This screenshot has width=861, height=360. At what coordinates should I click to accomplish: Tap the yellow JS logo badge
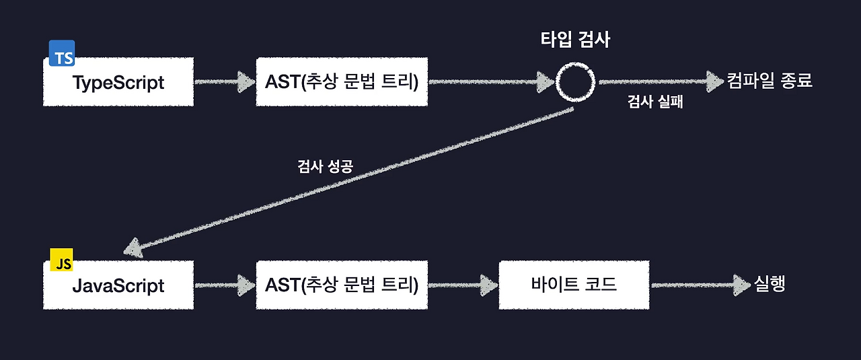(62, 260)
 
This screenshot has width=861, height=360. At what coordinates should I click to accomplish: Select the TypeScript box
(118, 82)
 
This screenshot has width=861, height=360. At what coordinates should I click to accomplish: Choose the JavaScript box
(118, 285)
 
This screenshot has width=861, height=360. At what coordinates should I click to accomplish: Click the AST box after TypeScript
(342, 82)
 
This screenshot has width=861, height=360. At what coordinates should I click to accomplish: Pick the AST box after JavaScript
(342, 285)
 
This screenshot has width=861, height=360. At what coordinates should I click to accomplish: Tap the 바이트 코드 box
(574, 285)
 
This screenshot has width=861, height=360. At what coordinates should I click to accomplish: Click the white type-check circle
(576, 82)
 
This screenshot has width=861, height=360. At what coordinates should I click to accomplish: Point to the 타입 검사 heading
(576, 40)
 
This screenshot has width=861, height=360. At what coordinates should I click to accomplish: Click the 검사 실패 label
(655, 104)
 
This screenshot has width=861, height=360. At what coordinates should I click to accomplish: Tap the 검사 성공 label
(325, 167)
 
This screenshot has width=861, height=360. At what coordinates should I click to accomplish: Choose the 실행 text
(770, 284)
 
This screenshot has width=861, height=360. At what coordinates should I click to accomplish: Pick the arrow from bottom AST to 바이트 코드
(463, 285)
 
